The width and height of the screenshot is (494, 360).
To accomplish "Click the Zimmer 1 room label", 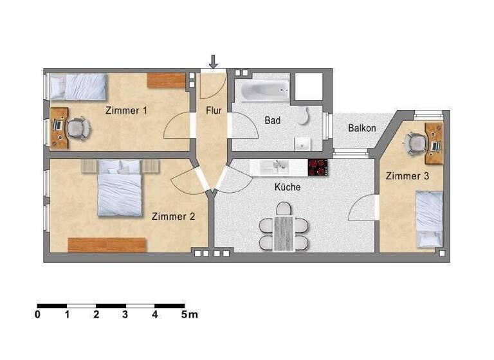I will (x=126, y=111).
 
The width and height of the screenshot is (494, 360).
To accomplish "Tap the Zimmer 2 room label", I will (x=173, y=217).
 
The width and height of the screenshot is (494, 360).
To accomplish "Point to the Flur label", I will (x=214, y=111).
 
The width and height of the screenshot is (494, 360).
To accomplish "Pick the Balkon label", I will (x=362, y=128).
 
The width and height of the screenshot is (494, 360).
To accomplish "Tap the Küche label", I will (x=288, y=188).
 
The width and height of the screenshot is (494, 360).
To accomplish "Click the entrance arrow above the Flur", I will (x=214, y=61).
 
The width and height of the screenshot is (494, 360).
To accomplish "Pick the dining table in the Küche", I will (x=284, y=232).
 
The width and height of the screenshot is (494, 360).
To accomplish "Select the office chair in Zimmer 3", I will (x=416, y=143).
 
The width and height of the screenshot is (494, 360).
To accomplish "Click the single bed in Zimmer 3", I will (x=428, y=219).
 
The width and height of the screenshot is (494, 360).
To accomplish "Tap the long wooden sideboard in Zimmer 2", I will (x=107, y=244).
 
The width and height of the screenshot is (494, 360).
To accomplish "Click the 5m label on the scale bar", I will (x=189, y=315).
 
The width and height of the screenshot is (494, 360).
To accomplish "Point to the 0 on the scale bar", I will (x=38, y=315).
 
